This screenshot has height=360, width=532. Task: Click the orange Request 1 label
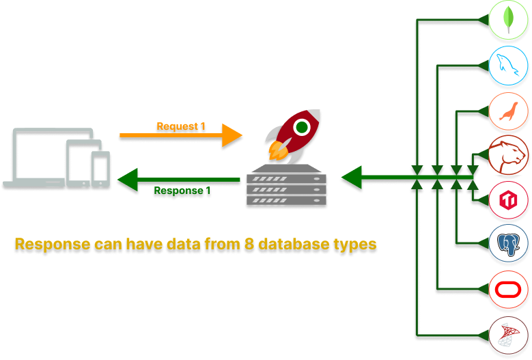[x=181, y=126]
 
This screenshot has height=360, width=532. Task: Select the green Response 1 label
[x=182, y=191]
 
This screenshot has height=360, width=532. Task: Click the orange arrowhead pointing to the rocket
[x=232, y=135]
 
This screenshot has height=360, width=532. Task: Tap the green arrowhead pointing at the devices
[x=127, y=180]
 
